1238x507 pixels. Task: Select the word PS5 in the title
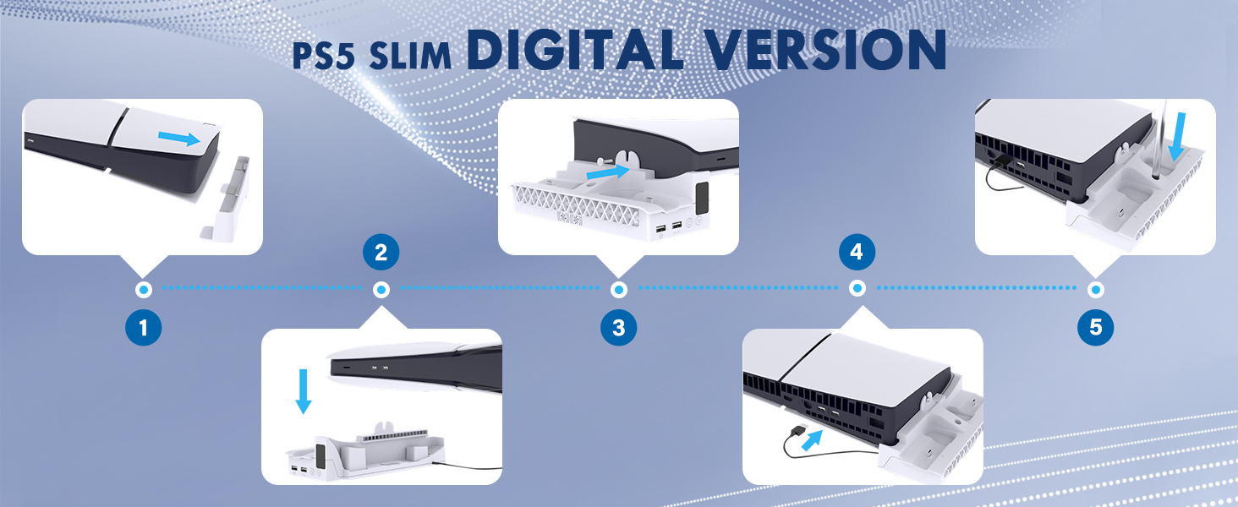pyautogui.click(x=323, y=56)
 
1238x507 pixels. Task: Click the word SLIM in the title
pyautogui.click(x=410, y=56)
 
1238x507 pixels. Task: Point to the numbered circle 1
pyautogui.click(x=143, y=328)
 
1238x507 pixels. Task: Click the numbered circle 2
pyautogui.click(x=381, y=253)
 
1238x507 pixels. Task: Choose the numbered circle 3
pyautogui.click(x=618, y=328)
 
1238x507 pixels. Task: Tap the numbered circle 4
pyautogui.click(x=857, y=252)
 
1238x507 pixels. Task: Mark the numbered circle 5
pyautogui.click(x=1095, y=328)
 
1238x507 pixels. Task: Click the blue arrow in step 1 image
pyautogui.click(x=179, y=139)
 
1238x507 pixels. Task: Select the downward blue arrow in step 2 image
pyautogui.click(x=303, y=391)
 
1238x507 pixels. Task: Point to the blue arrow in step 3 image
pyautogui.click(x=607, y=172)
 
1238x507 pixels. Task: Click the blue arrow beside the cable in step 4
pyautogui.click(x=812, y=440)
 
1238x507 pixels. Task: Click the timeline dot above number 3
pyautogui.click(x=618, y=289)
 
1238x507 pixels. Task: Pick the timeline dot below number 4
pyautogui.click(x=857, y=288)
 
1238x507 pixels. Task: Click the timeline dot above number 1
pyautogui.click(x=143, y=289)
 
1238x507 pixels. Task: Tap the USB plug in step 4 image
pyautogui.click(x=797, y=430)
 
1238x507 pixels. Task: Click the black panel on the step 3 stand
pyautogui.click(x=701, y=199)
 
